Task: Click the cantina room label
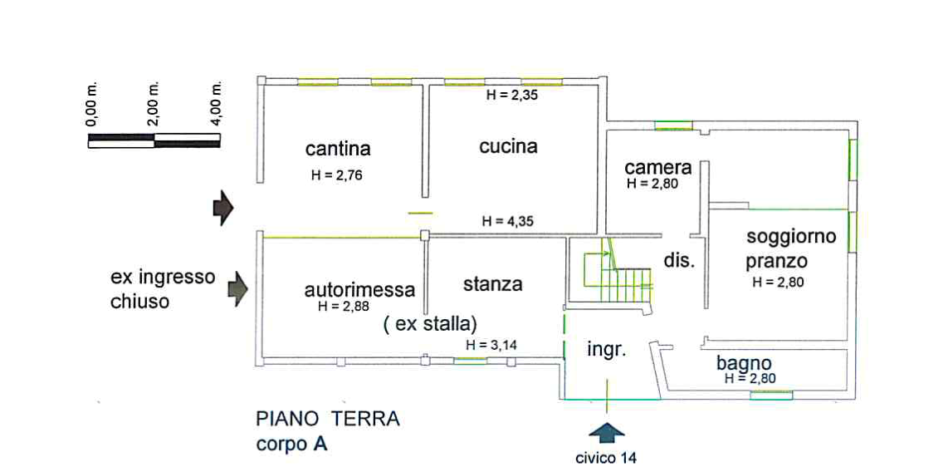tap(338, 150)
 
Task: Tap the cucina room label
tap(508, 147)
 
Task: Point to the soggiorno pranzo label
tap(789, 248)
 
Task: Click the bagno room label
tap(745, 364)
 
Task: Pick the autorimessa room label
tap(359, 291)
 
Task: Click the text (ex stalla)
tap(430, 323)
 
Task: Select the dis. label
tap(677, 260)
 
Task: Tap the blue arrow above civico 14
tap(608, 433)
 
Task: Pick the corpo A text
tap(291, 445)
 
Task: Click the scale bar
tap(156, 143)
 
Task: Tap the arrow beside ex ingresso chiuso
tap(239, 287)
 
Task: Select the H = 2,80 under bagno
tap(750, 378)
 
